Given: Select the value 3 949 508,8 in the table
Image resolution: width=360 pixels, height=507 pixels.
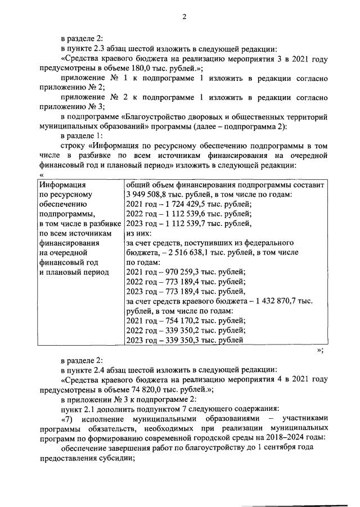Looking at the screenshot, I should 150,194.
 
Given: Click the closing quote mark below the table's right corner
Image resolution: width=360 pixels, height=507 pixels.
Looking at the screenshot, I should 319,351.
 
